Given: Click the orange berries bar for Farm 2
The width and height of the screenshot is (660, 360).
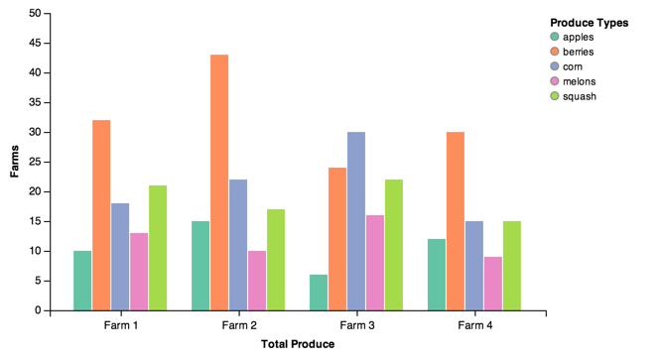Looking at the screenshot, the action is tap(219, 182).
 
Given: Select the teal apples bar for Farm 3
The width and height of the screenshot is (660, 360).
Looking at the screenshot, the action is tap(319, 293).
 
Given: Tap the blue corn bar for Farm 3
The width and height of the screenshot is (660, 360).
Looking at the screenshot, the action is tap(356, 221).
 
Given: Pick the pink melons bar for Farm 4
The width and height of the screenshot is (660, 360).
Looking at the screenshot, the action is tap(493, 284).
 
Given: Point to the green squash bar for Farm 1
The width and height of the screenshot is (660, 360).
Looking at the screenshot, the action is tap(158, 248).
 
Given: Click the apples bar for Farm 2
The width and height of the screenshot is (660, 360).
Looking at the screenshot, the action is tap(200, 266).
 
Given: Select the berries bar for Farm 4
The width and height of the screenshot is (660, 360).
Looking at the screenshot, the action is tap(456, 221).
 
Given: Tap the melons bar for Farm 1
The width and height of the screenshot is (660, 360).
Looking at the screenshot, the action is tap(139, 272).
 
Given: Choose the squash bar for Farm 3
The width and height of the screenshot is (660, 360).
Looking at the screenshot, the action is tap(394, 245).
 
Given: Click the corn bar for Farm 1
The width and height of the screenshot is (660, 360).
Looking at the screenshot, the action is tap(120, 257).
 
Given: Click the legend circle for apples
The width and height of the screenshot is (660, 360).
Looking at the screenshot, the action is tap(555, 37).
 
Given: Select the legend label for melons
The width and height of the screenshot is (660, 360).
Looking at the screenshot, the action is tap(580, 81).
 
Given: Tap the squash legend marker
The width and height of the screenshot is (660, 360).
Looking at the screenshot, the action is tap(555, 96).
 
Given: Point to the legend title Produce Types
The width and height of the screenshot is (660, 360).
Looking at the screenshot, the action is tap(590, 23).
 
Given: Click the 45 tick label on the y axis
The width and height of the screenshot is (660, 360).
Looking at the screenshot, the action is tap(35, 43).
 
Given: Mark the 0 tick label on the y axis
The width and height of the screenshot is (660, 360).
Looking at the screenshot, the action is tap(39, 310).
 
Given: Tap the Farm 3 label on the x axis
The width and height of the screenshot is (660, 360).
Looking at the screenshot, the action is tap(357, 325).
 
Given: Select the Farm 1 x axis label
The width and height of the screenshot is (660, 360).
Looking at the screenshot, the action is tap(121, 325).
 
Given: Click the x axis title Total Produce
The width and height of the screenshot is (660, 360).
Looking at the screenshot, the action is tap(298, 344).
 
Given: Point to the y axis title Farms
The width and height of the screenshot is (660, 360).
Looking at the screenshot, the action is tap(15, 161).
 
